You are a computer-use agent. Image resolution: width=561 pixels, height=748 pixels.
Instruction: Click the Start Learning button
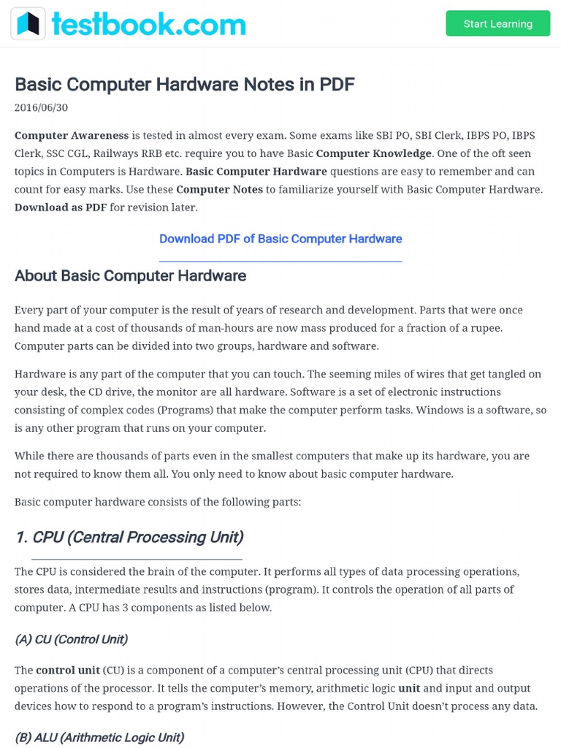(497, 24)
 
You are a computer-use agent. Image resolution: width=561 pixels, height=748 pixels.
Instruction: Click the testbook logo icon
(28, 24)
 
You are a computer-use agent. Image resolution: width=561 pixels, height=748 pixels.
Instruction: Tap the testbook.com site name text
(148, 24)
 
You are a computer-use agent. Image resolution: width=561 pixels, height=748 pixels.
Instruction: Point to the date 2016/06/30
(41, 107)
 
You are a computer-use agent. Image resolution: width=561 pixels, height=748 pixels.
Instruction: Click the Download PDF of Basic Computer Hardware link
(280, 239)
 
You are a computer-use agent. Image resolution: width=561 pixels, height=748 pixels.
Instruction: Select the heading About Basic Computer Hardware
(130, 276)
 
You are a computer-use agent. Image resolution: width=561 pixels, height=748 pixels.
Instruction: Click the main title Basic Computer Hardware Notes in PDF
(184, 85)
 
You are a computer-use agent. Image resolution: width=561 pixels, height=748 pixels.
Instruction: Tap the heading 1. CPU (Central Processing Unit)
(129, 538)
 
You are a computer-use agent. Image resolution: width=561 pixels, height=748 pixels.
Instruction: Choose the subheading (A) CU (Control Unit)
(71, 639)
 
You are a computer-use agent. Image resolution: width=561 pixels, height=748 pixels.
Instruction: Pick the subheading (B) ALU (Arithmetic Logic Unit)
(99, 737)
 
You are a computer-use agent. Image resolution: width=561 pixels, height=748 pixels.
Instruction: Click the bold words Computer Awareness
(72, 136)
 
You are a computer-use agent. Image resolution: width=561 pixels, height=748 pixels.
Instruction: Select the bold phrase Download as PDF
(61, 207)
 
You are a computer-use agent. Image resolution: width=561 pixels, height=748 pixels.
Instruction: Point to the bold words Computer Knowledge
(373, 153)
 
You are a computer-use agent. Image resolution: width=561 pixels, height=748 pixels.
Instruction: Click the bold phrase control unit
(68, 671)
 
